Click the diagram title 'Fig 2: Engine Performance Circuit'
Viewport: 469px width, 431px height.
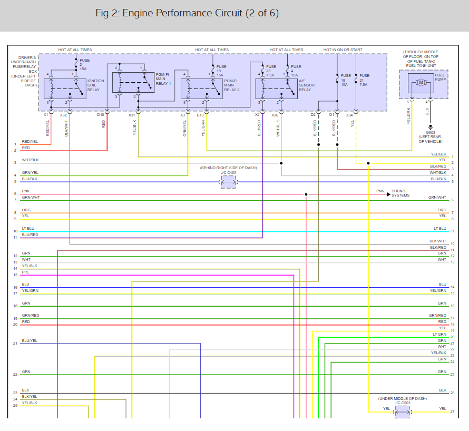[187, 13]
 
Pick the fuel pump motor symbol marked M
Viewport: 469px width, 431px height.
[421, 82]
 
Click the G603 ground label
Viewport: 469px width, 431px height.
[431, 133]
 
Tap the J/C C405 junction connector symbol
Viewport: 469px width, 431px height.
[228, 182]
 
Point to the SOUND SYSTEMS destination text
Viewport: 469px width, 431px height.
[398, 193]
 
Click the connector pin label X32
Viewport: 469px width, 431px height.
[63, 114]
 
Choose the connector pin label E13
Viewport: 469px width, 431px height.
[200, 114]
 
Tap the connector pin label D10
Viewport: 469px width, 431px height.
[101, 114]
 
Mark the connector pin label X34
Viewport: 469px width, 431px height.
[350, 114]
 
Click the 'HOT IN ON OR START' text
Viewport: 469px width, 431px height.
[343, 50]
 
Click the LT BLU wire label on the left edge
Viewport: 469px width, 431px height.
[28, 229]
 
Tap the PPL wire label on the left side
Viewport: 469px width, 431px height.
[25, 272]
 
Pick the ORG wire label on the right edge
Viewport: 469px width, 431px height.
[442, 210]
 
